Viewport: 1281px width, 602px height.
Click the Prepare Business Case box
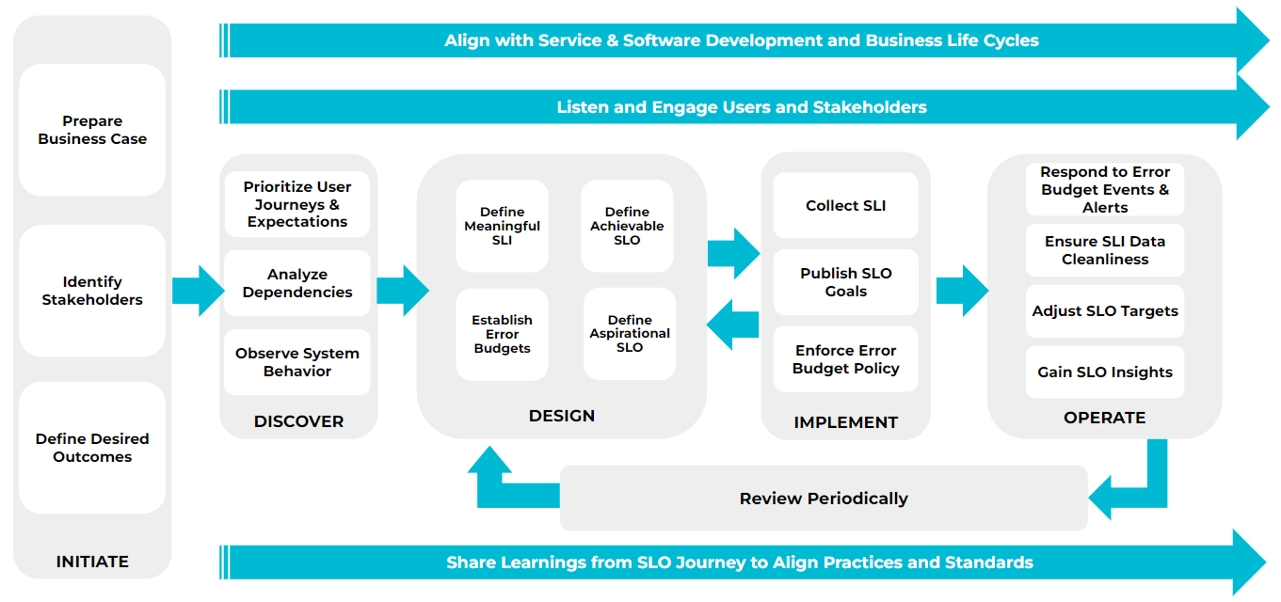tap(92, 130)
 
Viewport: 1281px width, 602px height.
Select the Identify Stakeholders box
tap(92, 291)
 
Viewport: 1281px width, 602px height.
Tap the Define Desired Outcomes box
tap(92, 448)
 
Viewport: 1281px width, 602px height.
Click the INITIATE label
tap(92, 562)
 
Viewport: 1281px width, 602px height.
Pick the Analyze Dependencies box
tap(297, 283)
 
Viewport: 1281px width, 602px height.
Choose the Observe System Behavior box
tap(297, 362)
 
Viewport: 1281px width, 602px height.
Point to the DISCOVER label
tap(298, 421)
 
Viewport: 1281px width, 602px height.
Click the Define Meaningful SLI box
tap(502, 226)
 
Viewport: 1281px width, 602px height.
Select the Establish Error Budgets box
tap(502, 334)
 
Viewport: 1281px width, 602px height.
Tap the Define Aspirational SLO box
tap(630, 334)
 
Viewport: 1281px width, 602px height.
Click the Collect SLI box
tap(845, 205)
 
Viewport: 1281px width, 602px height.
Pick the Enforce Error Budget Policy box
tap(845, 359)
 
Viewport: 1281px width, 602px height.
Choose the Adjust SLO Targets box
tap(1104, 311)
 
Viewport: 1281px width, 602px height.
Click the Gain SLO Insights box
tap(1104, 372)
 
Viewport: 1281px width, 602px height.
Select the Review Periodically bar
tap(824, 499)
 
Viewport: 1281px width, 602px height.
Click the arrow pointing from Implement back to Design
tap(731, 325)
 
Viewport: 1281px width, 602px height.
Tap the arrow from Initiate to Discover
tap(197, 291)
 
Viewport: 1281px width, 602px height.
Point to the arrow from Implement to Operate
tap(961, 291)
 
